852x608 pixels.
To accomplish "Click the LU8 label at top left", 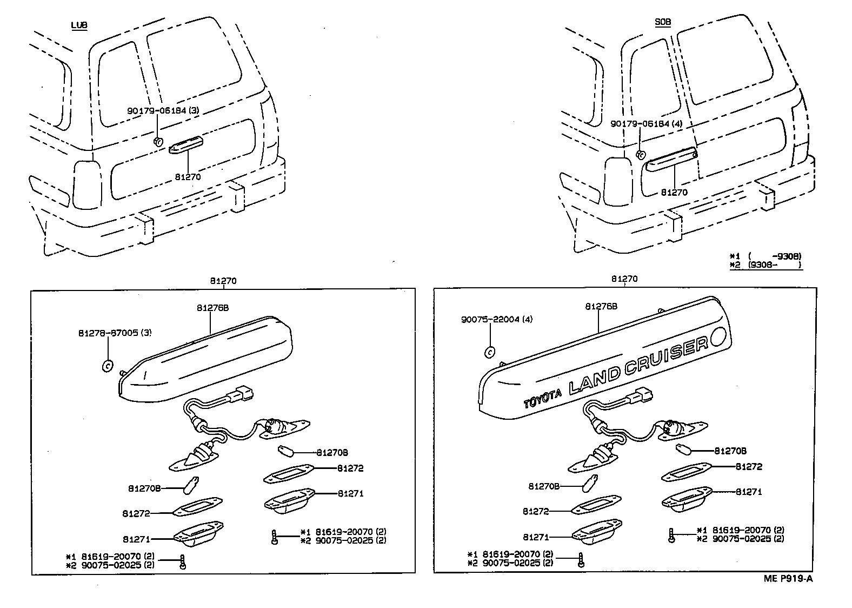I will click(x=79, y=25).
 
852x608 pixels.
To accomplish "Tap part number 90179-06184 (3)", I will click(x=163, y=110).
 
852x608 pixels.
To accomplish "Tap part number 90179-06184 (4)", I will click(x=647, y=123).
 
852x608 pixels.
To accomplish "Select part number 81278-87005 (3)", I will click(x=114, y=334).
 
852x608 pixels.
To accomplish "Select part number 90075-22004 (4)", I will click(x=497, y=319).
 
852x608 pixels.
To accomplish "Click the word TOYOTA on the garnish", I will click(x=541, y=399).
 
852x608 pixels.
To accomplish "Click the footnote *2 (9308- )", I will click(x=766, y=265).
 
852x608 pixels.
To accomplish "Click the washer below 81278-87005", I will click(x=107, y=366).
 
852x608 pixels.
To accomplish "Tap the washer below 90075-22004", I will click(x=489, y=352).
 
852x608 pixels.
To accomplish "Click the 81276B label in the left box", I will click(x=212, y=307).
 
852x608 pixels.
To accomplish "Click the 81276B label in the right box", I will click(x=601, y=306).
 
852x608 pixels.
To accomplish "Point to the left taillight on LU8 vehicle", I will click(x=86, y=184).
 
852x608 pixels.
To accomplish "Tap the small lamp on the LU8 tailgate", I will click(x=185, y=145).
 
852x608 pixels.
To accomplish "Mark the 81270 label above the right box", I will click(x=624, y=279).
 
